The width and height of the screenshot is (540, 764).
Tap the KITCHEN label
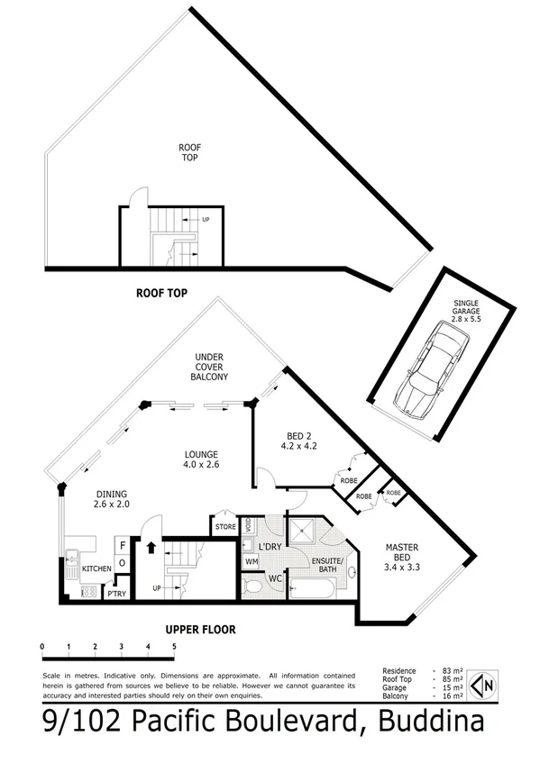point(96,569)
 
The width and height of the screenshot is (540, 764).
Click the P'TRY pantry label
point(115,594)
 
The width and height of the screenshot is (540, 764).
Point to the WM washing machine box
point(252,561)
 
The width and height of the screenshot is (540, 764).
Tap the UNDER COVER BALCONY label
point(209,367)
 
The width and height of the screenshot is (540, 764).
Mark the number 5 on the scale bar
point(173,647)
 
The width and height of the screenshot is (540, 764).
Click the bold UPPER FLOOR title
point(200,630)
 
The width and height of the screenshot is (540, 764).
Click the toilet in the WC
point(253,587)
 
